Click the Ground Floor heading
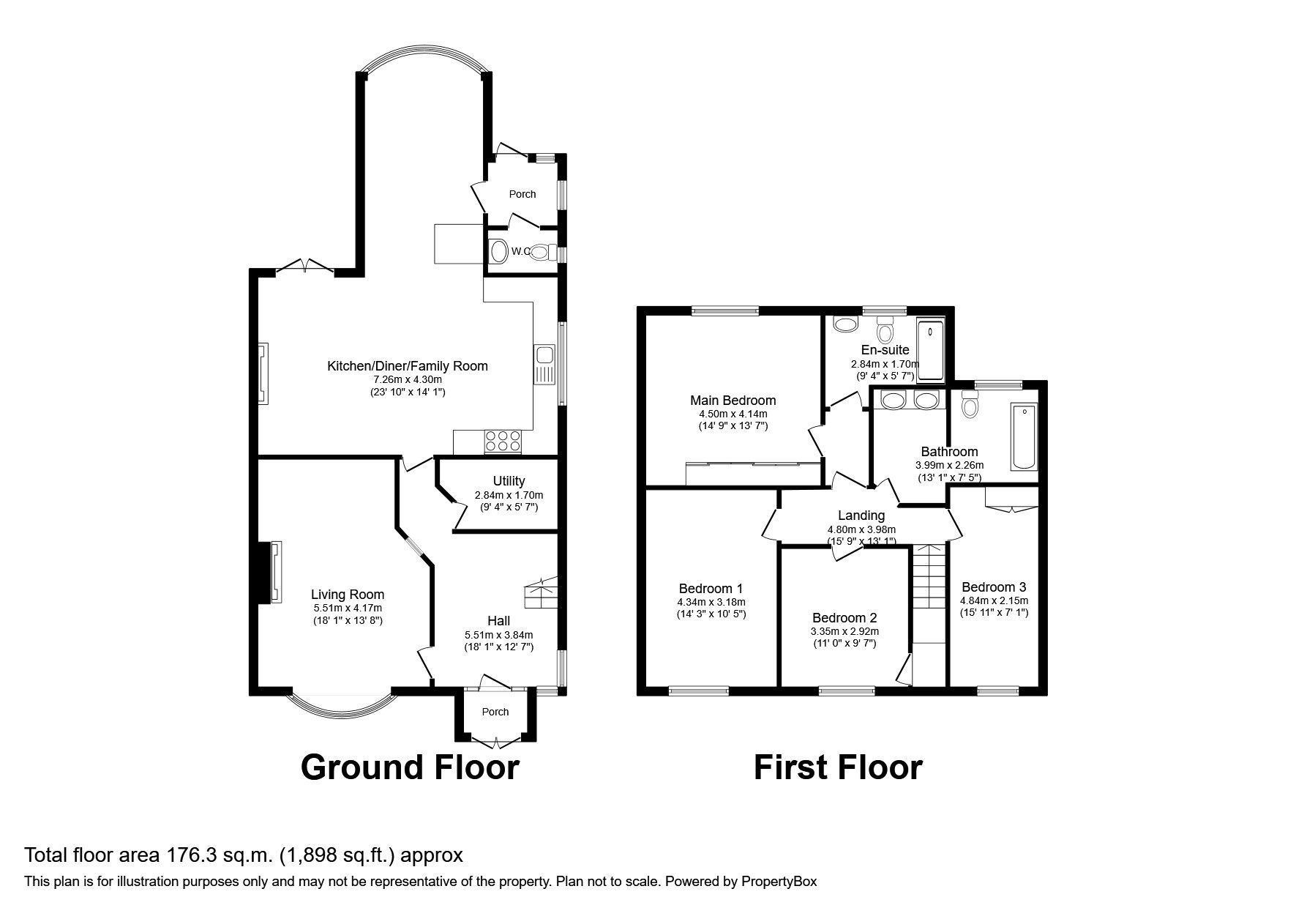point(410,767)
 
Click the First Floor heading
point(838,767)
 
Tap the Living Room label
point(347,595)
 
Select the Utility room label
point(509,481)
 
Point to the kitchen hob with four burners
point(503,441)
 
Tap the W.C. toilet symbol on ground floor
point(540,252)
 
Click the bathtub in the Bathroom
point(1023,436)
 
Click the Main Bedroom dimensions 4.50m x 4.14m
point(733,414)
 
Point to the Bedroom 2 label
point(844,618)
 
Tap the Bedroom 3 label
point(994,587)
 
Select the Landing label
point(861,516)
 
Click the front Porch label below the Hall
point(495,712)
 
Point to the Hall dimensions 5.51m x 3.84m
point(498,635)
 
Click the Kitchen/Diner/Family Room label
point(407,366)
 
